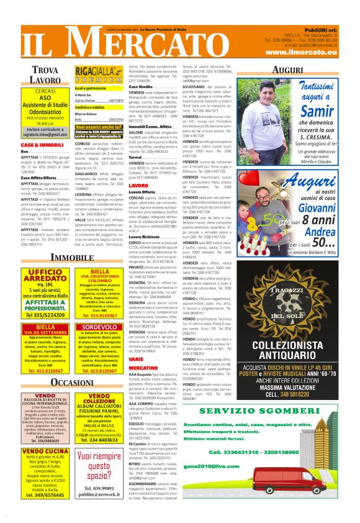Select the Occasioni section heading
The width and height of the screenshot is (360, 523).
[x=72, y=381]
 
